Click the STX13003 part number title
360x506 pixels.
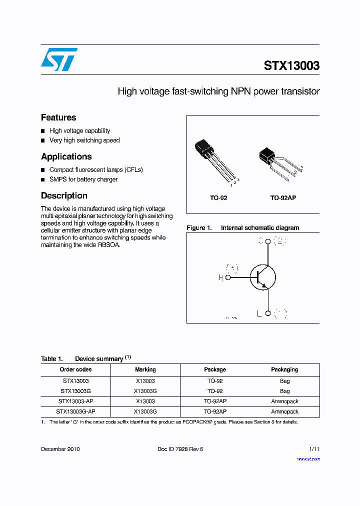291,66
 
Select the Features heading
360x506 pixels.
58,117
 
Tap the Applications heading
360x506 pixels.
66,156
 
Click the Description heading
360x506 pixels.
64,195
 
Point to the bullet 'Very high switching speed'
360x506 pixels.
84,140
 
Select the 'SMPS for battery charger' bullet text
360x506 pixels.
83,179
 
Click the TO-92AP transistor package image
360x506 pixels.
278,162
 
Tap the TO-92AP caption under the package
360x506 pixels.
283,198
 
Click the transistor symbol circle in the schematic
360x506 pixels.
263,276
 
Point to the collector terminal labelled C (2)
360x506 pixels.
268,241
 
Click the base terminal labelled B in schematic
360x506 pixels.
228,277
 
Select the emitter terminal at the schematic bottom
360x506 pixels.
268,313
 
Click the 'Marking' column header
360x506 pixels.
145,369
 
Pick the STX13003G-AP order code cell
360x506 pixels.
75,411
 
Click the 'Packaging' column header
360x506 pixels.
284,369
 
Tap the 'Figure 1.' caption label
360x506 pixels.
199,228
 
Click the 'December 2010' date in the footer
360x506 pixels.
60,449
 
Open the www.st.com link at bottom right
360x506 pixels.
308,459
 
